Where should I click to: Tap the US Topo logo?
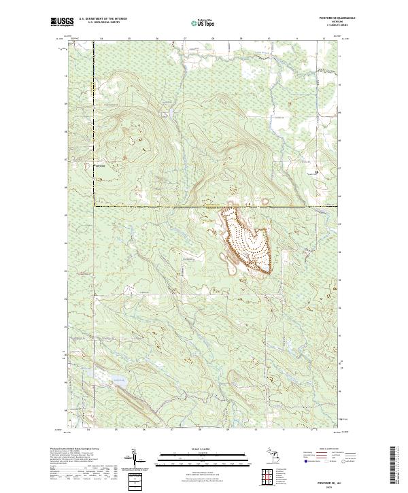(x=198, y=22)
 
